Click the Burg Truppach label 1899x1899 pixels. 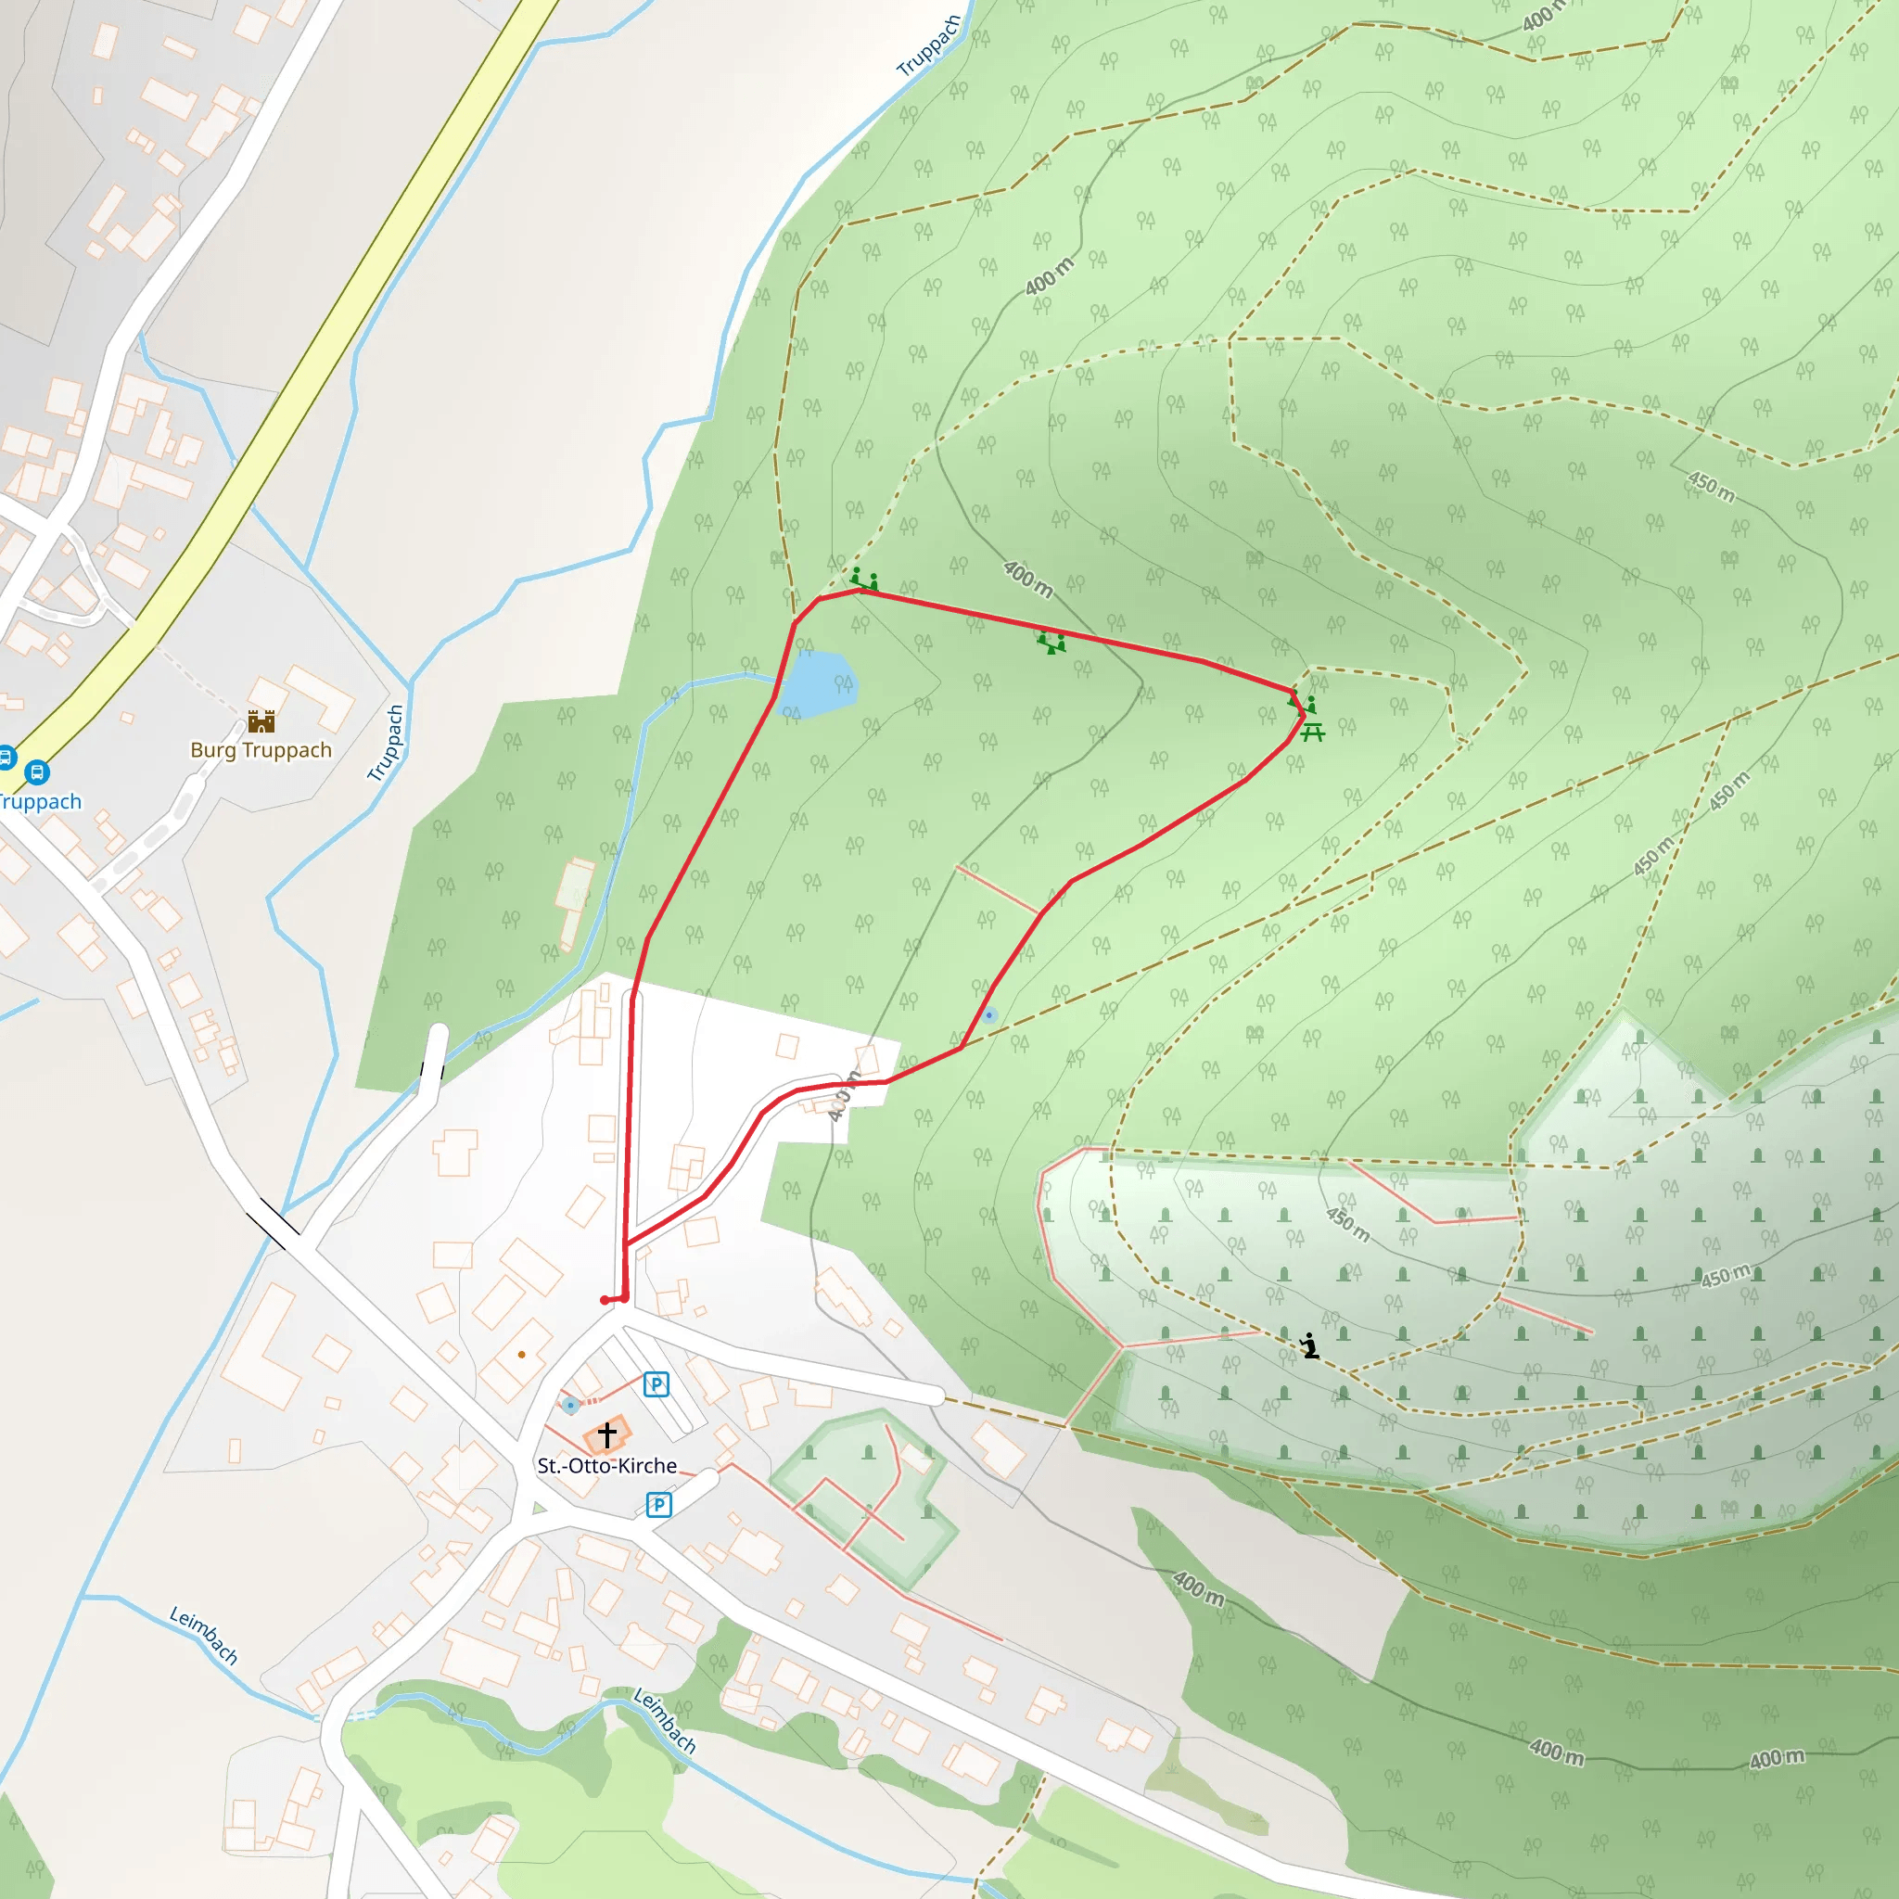coord(261,750)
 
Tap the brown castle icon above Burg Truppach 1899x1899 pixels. coord(261,721)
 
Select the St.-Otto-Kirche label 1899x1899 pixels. coord(606,1466)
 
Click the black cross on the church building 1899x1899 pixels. coord(606,1435)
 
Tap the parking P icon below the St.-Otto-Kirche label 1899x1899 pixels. coord(658,1505)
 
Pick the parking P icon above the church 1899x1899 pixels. coord(656,1385)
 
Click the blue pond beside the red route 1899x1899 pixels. coord(818,684)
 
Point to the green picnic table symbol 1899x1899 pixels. coord(1313,732)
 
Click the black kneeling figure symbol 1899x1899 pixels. coord(1309,1345)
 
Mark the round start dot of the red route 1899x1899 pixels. coord(605,1300)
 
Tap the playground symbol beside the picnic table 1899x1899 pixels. coord(1304,705)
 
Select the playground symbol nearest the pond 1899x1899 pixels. coord(864,579)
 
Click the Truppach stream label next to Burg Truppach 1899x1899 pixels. coord(387,743)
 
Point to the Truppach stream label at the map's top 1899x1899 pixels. coord(928,46)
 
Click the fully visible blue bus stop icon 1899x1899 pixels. coord(36,771)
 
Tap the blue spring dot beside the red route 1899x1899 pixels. coord(988,1014)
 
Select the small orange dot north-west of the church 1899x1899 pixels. coord(521,1355)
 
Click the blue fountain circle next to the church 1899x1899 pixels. coord(570,1406)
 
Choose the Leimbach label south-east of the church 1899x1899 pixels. coord(665,1720)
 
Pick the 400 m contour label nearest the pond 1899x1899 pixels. coord(1028,579)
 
